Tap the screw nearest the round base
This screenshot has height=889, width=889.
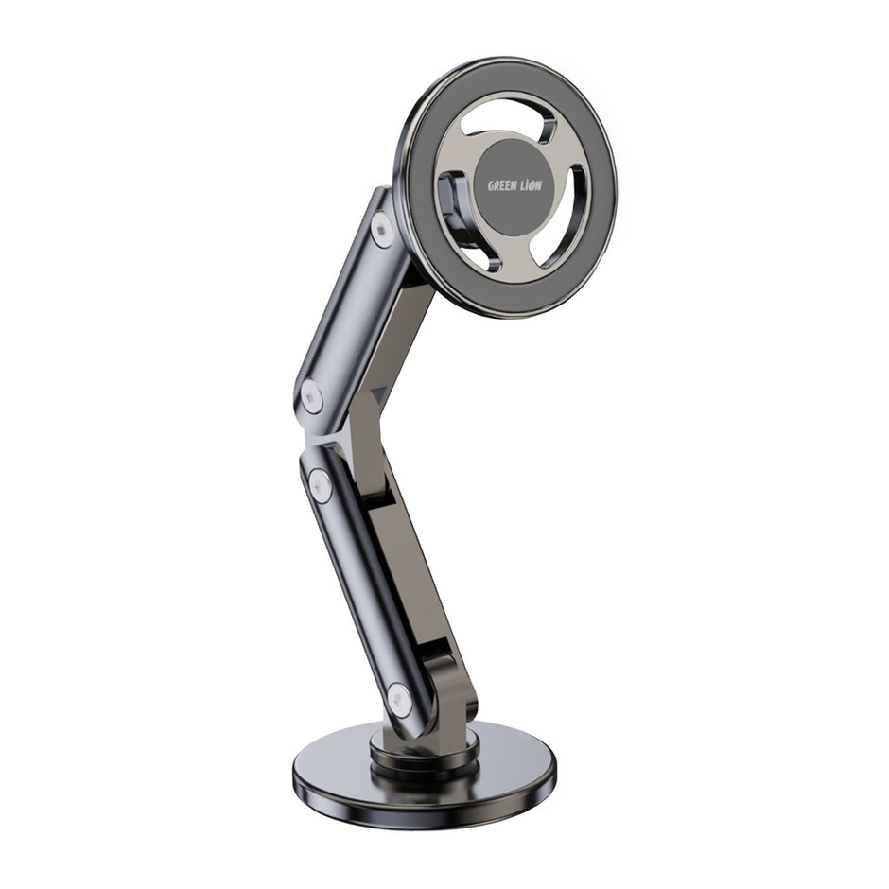399,701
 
